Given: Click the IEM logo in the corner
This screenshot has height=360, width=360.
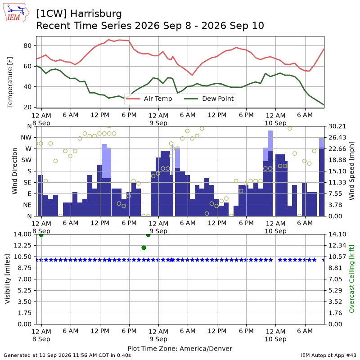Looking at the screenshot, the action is [16, 13].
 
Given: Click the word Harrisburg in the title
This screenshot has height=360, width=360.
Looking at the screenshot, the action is [96, 14].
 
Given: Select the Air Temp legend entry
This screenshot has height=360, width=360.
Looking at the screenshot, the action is [149, 99].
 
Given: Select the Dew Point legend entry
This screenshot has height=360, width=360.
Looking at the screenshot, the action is [209, 99].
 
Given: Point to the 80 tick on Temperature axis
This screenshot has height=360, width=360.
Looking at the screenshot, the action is [27, 46].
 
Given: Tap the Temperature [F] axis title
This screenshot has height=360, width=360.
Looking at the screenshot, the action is [10, 82].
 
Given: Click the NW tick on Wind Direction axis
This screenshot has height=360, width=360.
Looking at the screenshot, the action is [26, 138].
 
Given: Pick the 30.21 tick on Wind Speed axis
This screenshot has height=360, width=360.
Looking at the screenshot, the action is [337, 126].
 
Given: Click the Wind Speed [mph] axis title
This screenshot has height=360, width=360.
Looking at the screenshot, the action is [351, 171].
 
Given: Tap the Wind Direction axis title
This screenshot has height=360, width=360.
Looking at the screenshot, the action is [15, 171].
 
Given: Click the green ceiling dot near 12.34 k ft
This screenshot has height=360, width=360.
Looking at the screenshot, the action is [144, 248].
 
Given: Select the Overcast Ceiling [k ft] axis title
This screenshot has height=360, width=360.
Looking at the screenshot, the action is [351, 279].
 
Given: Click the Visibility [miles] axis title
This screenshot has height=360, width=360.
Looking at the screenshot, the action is [8, 279].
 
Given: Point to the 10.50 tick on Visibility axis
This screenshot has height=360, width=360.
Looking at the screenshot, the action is [23, 256].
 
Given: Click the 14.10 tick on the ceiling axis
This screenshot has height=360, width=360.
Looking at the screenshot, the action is [337, 234].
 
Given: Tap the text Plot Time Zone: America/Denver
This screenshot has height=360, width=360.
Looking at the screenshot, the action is [180, 349].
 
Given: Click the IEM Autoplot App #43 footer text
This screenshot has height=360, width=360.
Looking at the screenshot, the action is [328, 355].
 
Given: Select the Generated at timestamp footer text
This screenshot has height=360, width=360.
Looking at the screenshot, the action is [67, 355].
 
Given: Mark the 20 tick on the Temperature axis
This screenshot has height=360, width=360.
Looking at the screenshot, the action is [27, 107].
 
